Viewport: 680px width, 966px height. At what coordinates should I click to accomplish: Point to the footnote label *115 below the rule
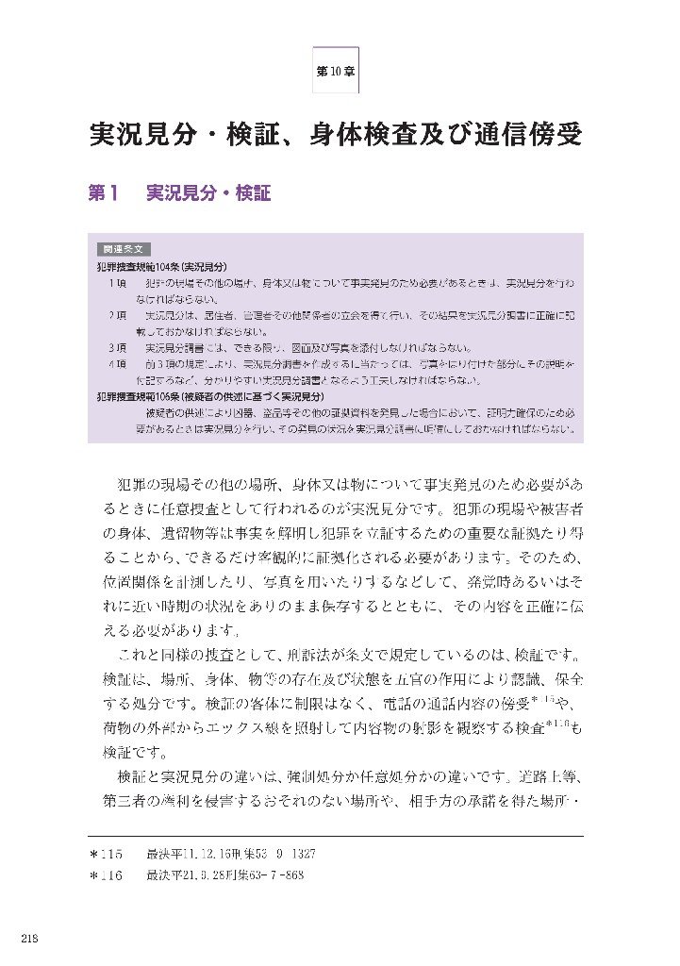(107, 854)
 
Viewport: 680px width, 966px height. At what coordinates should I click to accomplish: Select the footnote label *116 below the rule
(107, 875)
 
